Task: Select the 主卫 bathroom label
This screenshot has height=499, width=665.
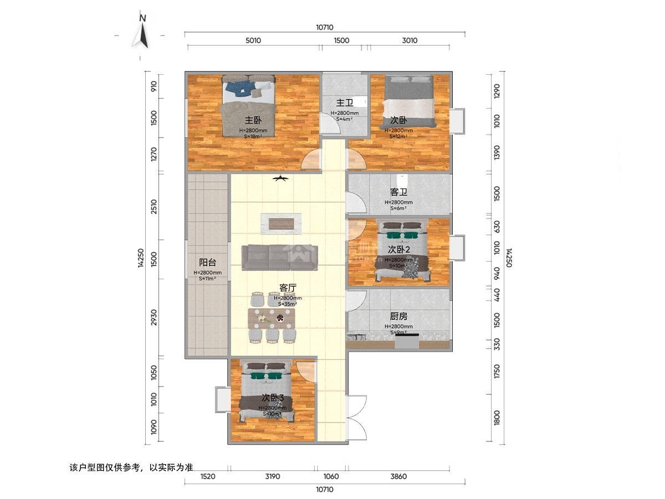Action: [x=345, y=103]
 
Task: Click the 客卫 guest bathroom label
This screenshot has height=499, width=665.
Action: [x=398, y=192]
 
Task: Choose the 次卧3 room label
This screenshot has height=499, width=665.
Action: [x=273, y=398]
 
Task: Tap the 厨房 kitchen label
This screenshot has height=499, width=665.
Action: [x=398, y=316]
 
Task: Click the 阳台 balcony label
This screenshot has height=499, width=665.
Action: [x=207, y=263]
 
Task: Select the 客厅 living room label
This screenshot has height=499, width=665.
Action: [x=288, y=288]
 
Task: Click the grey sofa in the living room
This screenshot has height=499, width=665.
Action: [x=280, y=258]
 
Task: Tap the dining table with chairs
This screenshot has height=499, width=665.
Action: [x=273, y=319]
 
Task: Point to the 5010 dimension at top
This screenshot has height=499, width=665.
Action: [x=253, y=40]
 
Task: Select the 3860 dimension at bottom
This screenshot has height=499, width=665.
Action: [x=398, y=476]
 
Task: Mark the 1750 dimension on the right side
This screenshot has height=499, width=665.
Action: [x=497, y=371]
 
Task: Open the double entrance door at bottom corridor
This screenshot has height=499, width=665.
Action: [x=357, y=419]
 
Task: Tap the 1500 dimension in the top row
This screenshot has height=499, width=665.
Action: [x=341, y=40]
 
